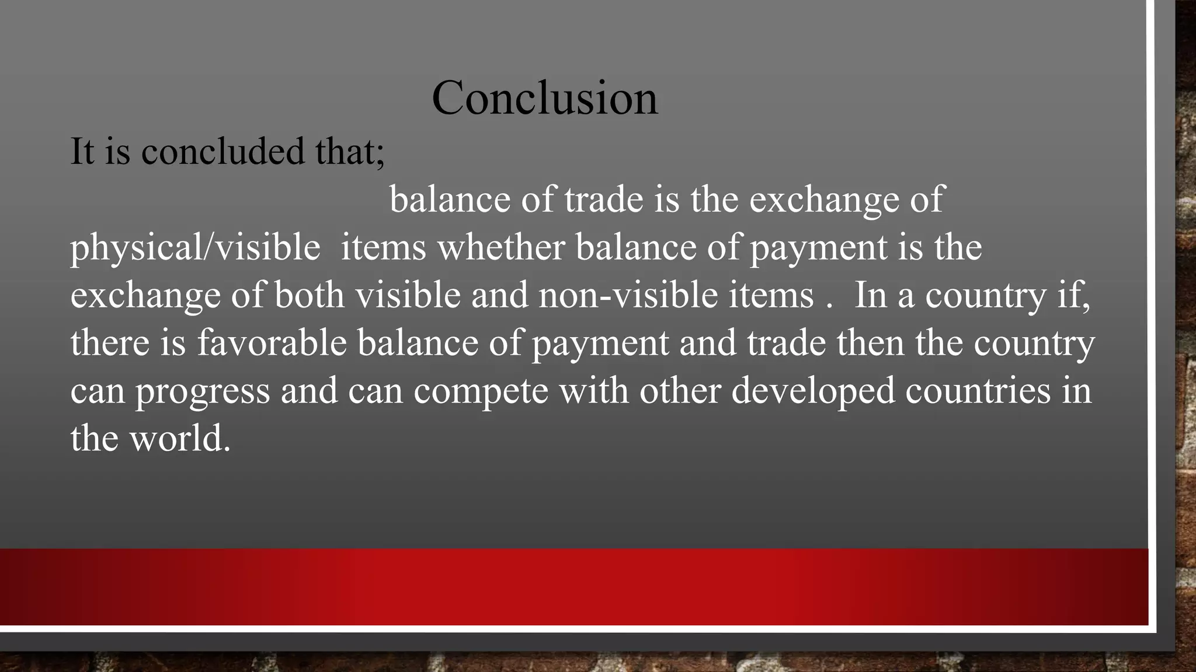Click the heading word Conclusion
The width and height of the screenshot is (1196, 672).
544,98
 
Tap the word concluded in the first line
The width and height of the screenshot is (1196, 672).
222,151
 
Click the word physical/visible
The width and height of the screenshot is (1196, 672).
195,247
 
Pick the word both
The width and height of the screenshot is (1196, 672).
309,295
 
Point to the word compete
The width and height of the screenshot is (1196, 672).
481,391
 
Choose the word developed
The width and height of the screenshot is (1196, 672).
813,391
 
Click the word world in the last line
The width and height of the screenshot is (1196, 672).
179,439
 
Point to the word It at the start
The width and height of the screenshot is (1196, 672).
82,151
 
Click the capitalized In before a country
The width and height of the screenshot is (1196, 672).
871,295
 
